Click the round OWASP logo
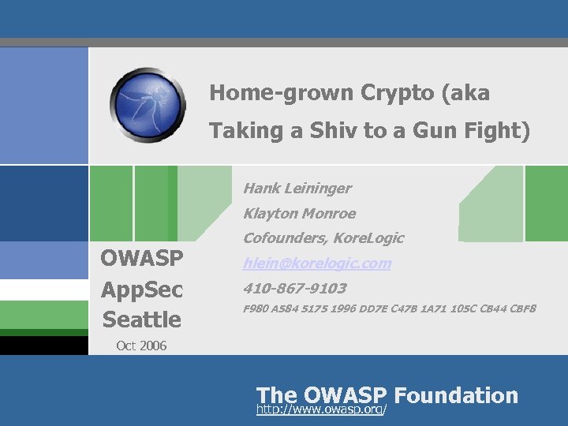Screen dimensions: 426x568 (148, 105)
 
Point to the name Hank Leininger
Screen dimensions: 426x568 (297, 189)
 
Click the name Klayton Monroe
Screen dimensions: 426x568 (300, 214)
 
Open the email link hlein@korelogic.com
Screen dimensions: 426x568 (317, 263)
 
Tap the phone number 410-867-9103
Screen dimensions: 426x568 (295, 289)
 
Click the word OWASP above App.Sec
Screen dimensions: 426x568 (142, 259)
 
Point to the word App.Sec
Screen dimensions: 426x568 (142, 290)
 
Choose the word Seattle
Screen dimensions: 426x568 (142, 319)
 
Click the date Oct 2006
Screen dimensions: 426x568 (141, 346)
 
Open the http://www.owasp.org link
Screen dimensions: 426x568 (322, 410)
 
